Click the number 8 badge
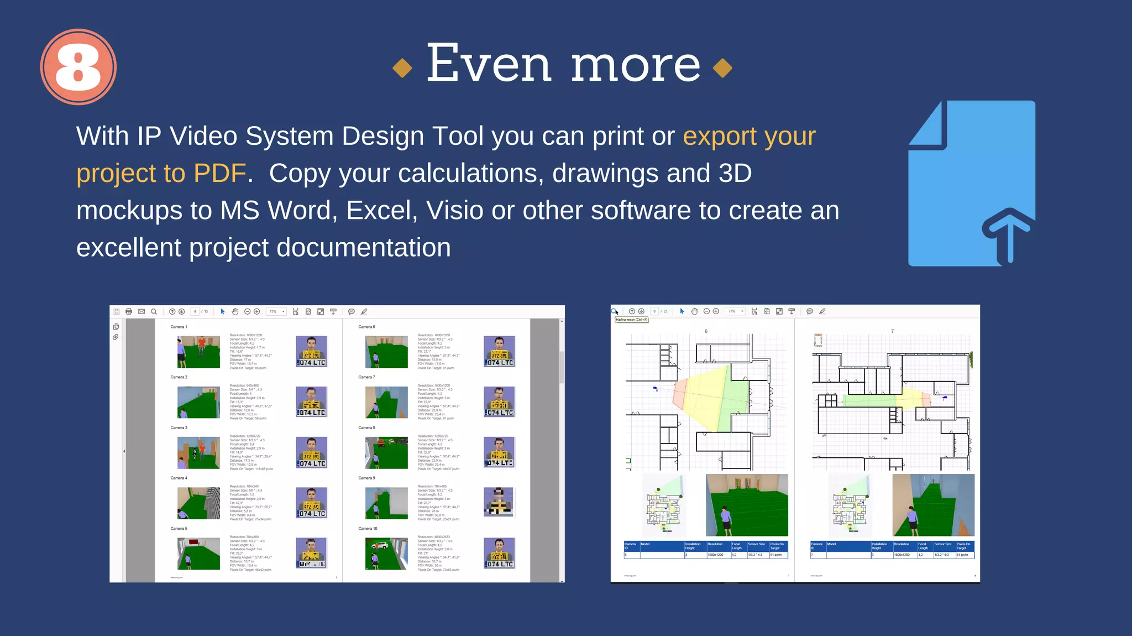coord(78,67)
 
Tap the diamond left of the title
coord(402,68)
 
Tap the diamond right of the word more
coord(722,68)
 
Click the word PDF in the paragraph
coord(219,173)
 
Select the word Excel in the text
coord(381,210)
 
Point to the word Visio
coord(454,210)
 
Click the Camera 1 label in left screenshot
coord(179,327)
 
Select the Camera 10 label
coord(368,529)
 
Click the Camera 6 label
coord(366,327)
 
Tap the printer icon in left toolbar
coord(129,312)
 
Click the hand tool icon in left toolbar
coord(235,312)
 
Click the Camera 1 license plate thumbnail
coord(312,352)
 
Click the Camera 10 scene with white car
coord(386,554)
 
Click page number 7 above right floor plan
coord(892,331)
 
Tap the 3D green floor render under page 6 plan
coord(747,505)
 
